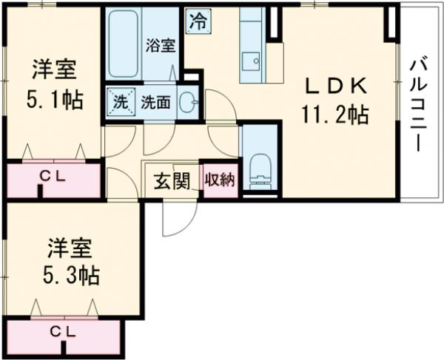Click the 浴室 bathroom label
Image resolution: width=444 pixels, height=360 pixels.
coord(161,44)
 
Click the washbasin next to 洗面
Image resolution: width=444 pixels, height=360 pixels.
coord(188,103)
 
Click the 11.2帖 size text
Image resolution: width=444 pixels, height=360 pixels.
coord(334,115)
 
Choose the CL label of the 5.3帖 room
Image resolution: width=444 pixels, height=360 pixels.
coord(62,331)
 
